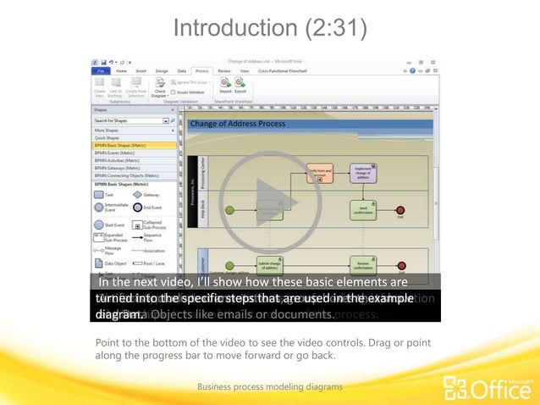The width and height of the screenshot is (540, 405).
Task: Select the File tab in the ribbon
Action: click(101, 70)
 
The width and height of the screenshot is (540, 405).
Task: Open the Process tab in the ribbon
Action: click(201, 70)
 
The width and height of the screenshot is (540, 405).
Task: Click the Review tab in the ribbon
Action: click(223, 70)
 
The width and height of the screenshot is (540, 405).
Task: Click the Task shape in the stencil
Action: click(100, 194)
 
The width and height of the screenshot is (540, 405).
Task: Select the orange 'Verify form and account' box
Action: click(320, 173)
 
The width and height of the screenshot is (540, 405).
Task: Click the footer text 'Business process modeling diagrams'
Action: click(270, 386)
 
